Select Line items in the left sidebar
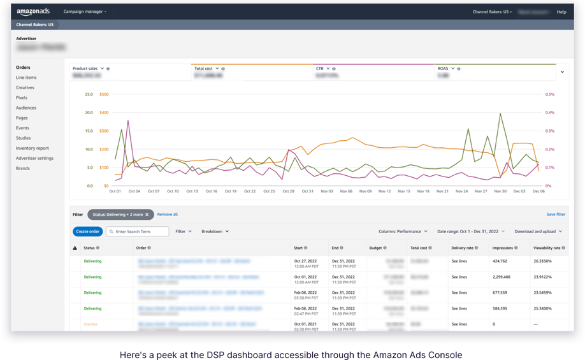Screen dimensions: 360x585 pos(26,78)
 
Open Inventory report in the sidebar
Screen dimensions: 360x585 pos(32,148)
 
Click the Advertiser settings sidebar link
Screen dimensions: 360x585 pos(34,159)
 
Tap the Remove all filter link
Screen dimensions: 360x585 pos(168,215)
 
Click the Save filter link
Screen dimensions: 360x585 pos(556,215)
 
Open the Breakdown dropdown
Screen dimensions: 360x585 pos(215,232)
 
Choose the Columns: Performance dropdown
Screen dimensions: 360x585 pos(404,232)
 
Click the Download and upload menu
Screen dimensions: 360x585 pos(537,232)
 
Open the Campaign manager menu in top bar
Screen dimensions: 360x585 pos(85,11)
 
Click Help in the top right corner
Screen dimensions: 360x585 pos(561,11)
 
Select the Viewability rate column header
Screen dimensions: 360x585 pos(547,248)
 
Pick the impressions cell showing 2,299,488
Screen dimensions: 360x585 pos(503,277)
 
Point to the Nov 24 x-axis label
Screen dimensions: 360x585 pos(461,191)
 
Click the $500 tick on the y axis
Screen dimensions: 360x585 pos(103,94)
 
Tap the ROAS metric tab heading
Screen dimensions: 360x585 pos(443,68)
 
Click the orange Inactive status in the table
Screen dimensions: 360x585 pos(90,324)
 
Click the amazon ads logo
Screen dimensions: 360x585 pos(32,11)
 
